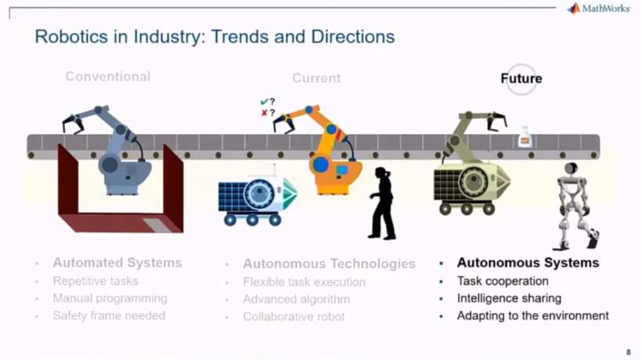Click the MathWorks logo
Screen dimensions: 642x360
598,9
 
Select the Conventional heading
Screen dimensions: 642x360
108,77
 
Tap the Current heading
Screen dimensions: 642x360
316,78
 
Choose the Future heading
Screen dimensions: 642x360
521,78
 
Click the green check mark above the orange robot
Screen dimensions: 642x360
264,102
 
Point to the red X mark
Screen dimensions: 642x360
264,113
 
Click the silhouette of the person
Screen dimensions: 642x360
382,203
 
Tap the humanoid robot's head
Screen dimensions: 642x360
571,168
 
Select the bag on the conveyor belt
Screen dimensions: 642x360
525,137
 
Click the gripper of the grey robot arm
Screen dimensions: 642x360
73,124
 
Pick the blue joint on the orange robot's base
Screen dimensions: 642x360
320,164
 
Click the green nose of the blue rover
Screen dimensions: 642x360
290,193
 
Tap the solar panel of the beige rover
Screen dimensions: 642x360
447,185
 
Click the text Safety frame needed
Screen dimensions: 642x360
109,316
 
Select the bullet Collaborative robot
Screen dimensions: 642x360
294,317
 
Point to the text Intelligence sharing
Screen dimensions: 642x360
509,298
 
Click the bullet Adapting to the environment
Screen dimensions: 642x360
532,316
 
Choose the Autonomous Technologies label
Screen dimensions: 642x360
329,264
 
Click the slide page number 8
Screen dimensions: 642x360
629,352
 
